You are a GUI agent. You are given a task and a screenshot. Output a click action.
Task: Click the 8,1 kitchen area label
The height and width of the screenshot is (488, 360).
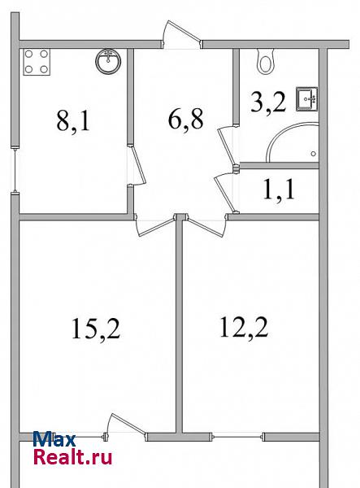[x=73, y=122]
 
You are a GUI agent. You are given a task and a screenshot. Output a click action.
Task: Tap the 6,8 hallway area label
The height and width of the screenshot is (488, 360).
[x=185, y=120]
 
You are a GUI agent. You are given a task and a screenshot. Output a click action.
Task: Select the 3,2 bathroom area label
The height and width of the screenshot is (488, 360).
[x=268, y=102]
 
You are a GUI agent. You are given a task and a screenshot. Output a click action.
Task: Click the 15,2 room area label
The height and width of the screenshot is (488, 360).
[x=96, y=329]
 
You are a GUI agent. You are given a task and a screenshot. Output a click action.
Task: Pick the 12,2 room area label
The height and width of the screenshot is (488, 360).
[x=244, y=327]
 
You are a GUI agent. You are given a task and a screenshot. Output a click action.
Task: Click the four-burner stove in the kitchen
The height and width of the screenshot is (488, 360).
[x=37, y=62]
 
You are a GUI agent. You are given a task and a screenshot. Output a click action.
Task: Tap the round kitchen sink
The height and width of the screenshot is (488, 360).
[x=108, y=61]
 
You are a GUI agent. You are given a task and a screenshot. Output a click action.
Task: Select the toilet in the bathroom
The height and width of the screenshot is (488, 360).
[x=266, y=62]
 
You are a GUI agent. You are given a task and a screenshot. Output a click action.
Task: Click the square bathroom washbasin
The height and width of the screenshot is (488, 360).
[x=307, y=99]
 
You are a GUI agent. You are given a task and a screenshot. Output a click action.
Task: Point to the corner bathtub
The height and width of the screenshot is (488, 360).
[x=293, y=142]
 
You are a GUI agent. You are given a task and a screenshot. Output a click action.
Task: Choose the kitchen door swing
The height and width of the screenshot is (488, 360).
[x=137, y=165]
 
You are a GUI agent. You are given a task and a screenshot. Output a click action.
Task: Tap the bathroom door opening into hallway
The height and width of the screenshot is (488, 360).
[x=228, y=145]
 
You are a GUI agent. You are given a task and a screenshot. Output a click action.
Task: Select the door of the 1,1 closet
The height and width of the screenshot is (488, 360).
[x=225, y=194]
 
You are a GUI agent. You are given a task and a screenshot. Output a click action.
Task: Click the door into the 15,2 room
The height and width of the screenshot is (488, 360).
[x=154, y=224]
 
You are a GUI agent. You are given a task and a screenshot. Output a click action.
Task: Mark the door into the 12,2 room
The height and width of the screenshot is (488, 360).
[x=205, y=225]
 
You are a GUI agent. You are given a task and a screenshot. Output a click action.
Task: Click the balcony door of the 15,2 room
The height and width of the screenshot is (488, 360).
[x=125, y=427]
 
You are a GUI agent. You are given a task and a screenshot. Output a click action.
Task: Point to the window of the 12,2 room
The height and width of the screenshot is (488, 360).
[x=238, y=437]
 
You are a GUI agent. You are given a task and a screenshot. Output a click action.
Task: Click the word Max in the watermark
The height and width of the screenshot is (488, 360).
[x=54, y=439]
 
